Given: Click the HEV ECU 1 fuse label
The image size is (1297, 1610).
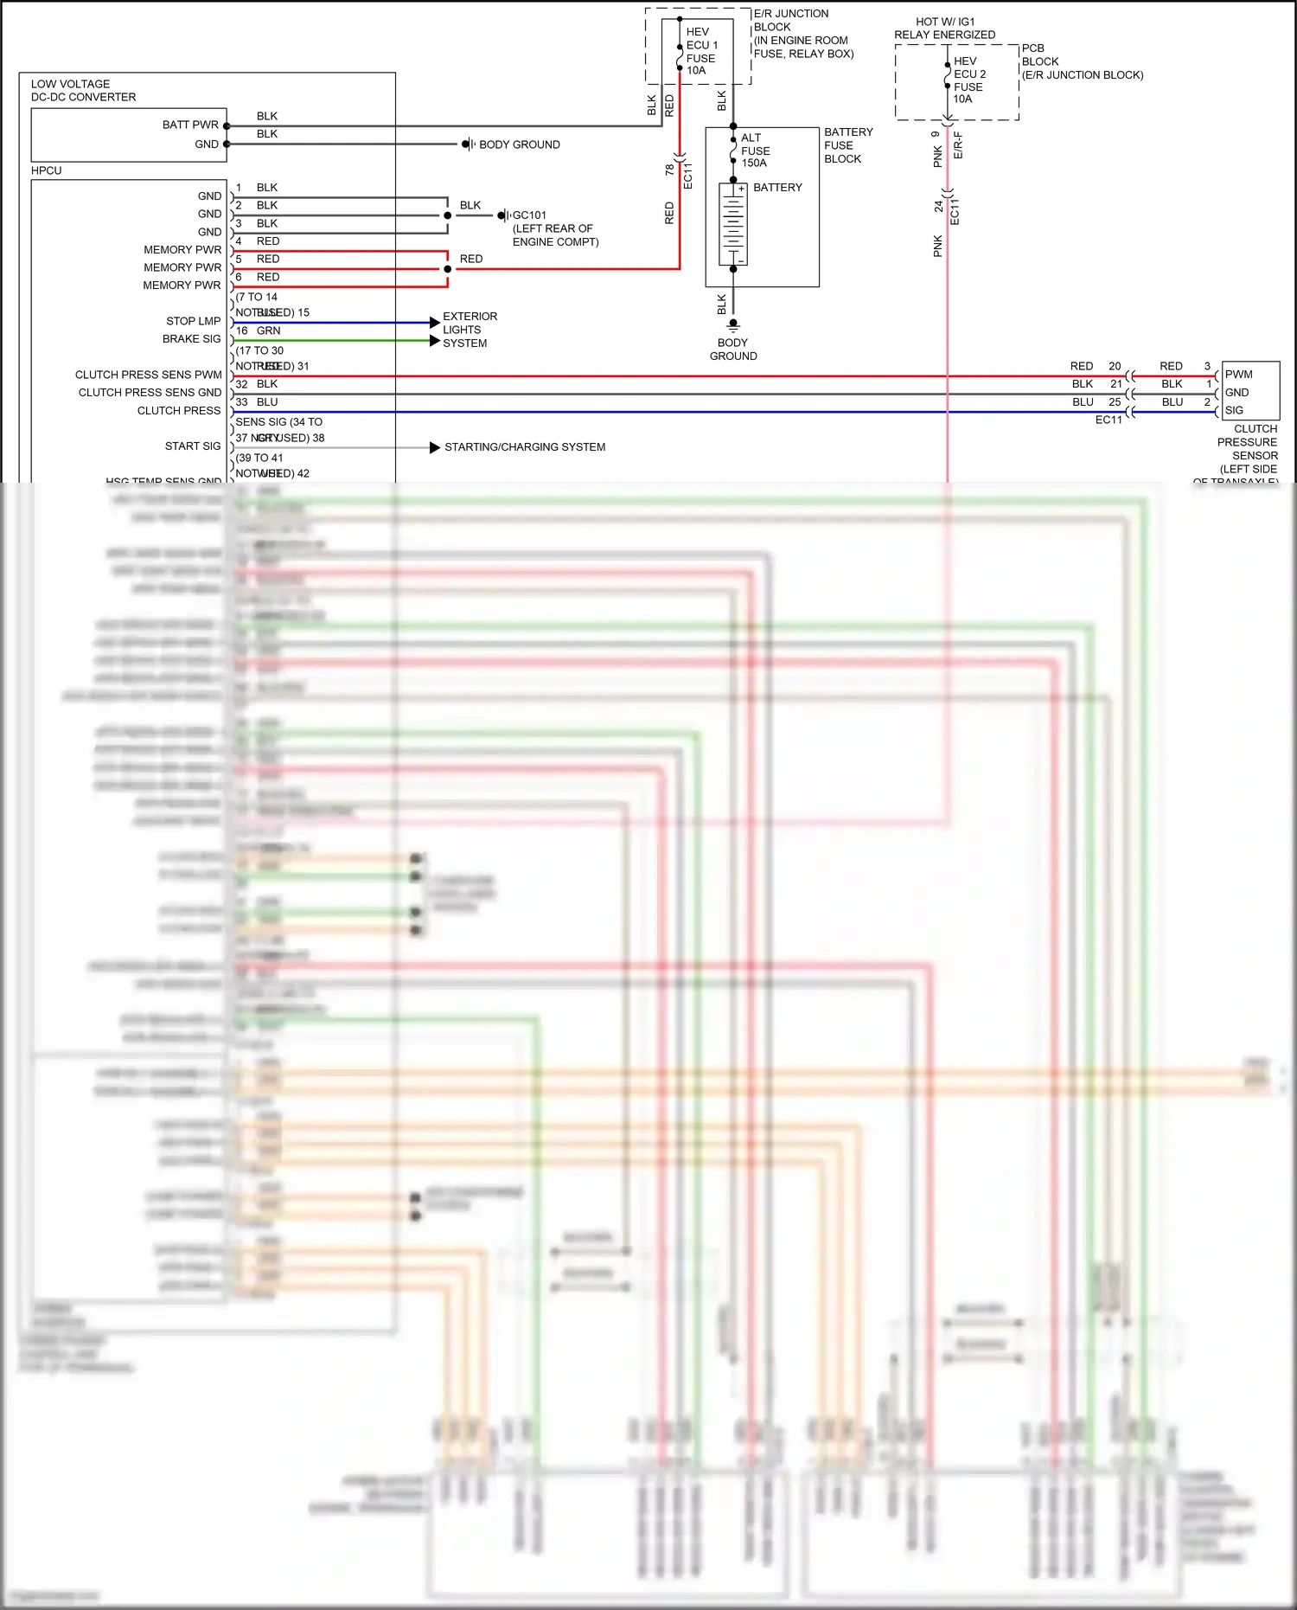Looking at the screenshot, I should point(701,51).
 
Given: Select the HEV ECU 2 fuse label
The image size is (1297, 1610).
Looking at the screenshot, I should point(968,80).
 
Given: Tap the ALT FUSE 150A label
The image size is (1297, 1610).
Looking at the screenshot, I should point(754,151).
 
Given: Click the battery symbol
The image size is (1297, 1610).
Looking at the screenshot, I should point(733,224).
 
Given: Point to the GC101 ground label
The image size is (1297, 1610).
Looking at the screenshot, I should point(529,215).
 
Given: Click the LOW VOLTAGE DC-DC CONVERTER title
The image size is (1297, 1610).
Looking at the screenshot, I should point(83,91).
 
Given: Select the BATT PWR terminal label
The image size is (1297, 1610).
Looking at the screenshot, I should point(190,125).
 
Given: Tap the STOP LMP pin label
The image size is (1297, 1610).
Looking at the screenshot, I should point(194,321).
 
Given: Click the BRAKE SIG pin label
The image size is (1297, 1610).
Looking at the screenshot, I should point(192,339).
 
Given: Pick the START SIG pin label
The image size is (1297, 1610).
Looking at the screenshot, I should point(193,446).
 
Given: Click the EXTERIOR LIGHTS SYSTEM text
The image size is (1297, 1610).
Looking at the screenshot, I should point(470,330).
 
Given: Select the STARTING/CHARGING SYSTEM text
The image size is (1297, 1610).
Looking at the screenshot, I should point(525,447).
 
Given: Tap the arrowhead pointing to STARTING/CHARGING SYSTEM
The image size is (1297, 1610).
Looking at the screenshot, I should point(435,447).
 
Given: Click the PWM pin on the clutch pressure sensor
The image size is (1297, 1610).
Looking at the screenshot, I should point(1238,375).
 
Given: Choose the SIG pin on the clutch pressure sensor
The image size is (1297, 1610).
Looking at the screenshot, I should point(1234,411).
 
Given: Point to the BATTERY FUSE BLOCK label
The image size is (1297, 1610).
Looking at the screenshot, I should point(847,145).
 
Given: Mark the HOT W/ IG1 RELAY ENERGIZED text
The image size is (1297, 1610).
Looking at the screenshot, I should point(944,29).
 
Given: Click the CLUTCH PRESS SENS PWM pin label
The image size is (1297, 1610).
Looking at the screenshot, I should point(149,375).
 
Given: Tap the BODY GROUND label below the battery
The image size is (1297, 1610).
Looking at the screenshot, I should point(733,350).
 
